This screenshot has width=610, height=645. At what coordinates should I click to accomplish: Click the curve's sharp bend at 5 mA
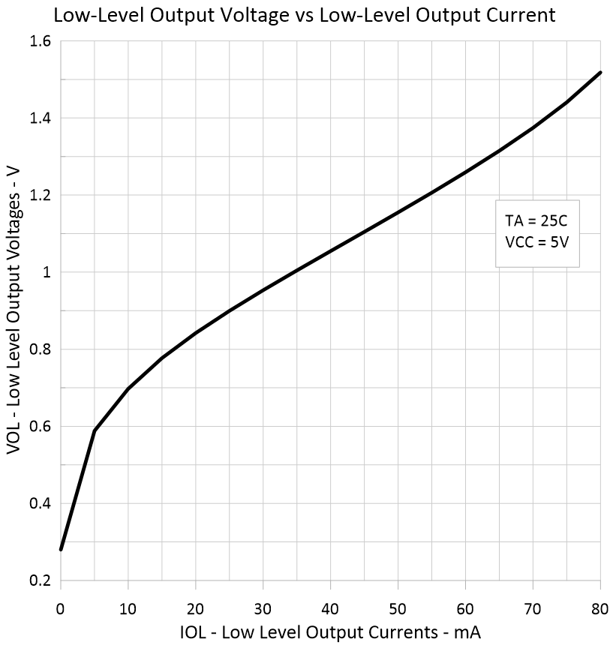click(x=95, y=430)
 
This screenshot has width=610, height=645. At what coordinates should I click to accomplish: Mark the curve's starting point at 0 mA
click(x=61, y=550)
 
